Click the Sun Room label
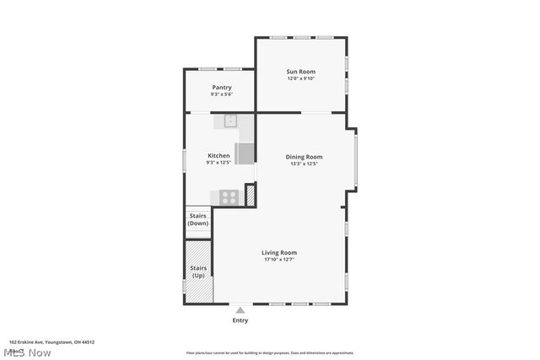click(x=301, y=72)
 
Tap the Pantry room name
click(x=222, y=88)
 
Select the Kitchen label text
click(x=219, y=156)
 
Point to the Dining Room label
click(x=304, y=157)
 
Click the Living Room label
click(x=278, y=252)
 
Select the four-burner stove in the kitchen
click(x=229, y=197)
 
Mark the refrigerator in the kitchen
click(x=244, y=153)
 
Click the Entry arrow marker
click(x=240, y=310)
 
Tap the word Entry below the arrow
click(x=240, y=320)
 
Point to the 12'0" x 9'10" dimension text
click(x=301, y=79)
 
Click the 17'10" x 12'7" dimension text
click(x=278, y=260)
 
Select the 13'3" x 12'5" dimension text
click(x=304, y=164)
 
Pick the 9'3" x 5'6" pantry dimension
click(x=222, y=94)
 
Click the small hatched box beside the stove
click(x=250, y=195)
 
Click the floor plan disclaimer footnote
click(x=270, y=353)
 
